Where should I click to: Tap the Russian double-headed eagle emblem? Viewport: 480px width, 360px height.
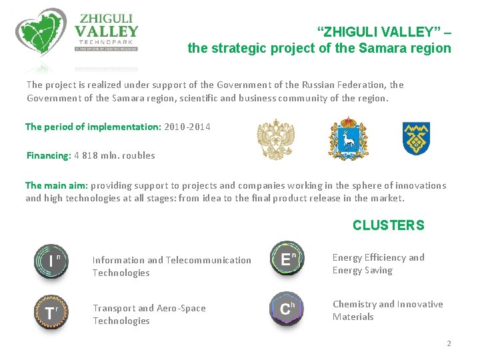coord(275,140)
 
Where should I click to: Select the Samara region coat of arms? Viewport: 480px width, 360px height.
coord(347,139)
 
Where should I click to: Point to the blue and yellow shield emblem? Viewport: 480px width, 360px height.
coord(416,139)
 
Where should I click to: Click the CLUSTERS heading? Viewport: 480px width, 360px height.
coord(388,225)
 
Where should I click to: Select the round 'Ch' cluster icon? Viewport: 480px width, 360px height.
coord(287,308)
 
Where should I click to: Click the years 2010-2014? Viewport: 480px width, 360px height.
coord(187,127)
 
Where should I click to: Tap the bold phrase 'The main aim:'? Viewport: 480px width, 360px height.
coord(56,185)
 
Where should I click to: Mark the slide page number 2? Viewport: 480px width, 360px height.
coord(449,343)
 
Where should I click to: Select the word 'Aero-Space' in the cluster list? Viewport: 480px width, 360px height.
coord(181,308)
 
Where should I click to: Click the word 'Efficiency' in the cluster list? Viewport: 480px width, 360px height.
coord(385,257)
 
